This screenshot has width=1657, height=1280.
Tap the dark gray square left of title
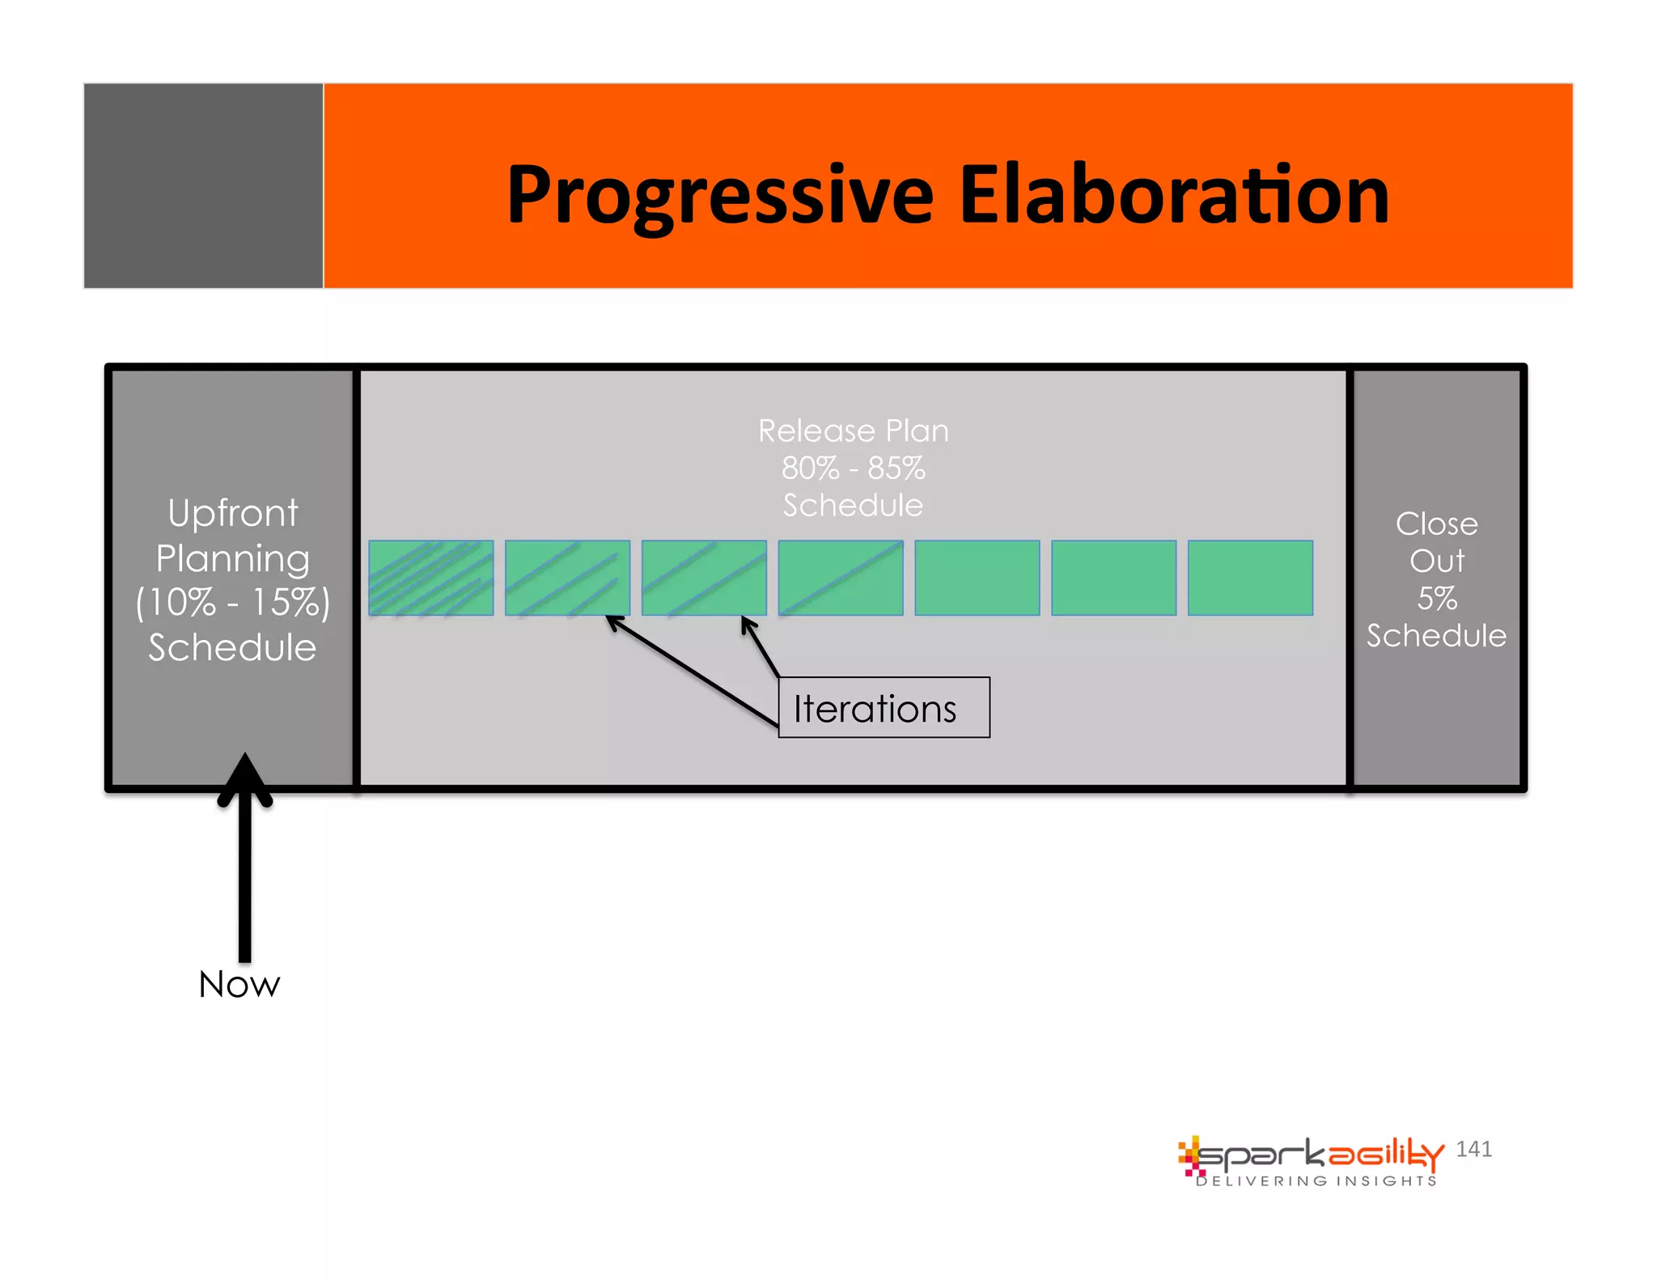[203, 185]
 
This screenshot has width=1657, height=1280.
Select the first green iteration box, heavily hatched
[430, 578]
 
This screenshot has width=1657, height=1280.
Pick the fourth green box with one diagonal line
[841, 578]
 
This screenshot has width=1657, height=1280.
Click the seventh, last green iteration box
[1250, 578]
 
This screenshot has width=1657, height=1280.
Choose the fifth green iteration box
[977, 578]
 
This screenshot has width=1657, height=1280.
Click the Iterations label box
[884, 708]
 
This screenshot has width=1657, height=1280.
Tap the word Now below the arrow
[239, 985]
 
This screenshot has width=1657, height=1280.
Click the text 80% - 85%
[853, 468]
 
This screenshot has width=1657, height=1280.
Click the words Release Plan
[853, 431]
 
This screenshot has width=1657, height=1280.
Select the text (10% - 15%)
[233, 603]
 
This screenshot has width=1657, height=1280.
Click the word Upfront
[233, 514]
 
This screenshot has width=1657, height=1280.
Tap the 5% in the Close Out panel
[1436, 599]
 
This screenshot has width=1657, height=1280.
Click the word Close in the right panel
[1436, 524]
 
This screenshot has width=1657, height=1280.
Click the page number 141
[1473, 1149]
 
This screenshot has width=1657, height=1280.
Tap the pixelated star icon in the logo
[1189, 1155]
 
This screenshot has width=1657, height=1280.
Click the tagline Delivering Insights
[1316, 1181]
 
